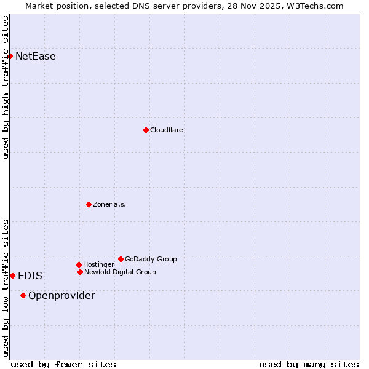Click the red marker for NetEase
coord(10,57)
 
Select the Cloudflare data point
coord(146,130)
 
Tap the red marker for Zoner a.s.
coord(89,204)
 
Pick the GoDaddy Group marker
coord(121,259)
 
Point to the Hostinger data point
coord(79,264)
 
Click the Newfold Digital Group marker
coord(80,272)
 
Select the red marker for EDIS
coord(12,276)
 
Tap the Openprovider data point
coord(23,295)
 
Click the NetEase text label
coord(36,57)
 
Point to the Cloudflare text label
coord(167,130)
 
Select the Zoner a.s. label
coord(109,204)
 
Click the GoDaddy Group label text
coord(151,259)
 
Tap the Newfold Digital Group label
coord(120,272)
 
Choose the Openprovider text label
coord(61,295)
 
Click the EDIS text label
coord(30,276)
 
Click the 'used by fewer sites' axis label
coord(63,364)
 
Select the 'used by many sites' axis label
coord(309,364)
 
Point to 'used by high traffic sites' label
coord(6,87)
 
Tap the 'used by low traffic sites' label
coord(6,288)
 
